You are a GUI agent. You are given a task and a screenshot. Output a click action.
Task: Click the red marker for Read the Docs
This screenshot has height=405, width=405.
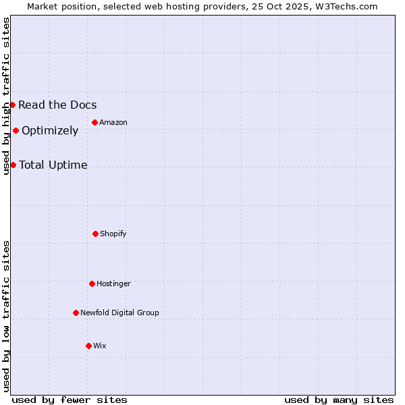[x=12, y=105]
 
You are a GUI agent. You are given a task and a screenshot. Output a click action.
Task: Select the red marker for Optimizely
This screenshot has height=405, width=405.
[x=16, y=130]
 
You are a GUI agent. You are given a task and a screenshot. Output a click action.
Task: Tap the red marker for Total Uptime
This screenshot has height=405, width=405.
[x=13, y=165]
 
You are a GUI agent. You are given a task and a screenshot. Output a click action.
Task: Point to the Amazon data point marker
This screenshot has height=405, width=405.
[x=94, y=122]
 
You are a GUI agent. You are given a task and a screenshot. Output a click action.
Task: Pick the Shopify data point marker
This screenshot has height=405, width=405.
[x=95, y=234]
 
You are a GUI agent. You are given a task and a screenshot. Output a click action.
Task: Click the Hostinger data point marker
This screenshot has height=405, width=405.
[x=92, y=283]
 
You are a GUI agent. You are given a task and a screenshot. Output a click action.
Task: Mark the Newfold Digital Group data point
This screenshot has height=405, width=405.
[x=76, y=313]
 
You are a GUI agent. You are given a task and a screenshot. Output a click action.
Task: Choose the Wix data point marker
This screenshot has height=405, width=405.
[x=88, y=346]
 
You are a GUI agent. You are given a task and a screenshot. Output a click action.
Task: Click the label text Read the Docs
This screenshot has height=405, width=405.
[x=57, y=105]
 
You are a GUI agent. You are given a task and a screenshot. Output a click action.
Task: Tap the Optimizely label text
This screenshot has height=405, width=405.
[x=50, y=130]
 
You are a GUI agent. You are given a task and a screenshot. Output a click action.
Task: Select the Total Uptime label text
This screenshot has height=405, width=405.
[x=53, y=165]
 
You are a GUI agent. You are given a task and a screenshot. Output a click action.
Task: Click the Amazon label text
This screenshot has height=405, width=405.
[x=113, y=122]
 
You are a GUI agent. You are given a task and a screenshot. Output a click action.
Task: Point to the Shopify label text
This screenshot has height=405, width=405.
[x=113, y=234]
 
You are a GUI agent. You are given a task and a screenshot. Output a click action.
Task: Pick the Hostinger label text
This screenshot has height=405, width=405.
[x=113, y=283]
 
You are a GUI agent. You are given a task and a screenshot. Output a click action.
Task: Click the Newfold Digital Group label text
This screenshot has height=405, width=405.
[x=119, y=313]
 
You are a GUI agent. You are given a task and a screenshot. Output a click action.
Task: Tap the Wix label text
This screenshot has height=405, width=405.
[x=100, y=346]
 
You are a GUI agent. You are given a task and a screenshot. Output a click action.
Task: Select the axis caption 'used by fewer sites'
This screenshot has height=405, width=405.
[x=70, y=400]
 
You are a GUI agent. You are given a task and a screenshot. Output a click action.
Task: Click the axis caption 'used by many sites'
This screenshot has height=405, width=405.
[x=339, y=400]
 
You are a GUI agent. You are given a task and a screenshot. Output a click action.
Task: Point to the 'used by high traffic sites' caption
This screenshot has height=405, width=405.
[x=6, y=96]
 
